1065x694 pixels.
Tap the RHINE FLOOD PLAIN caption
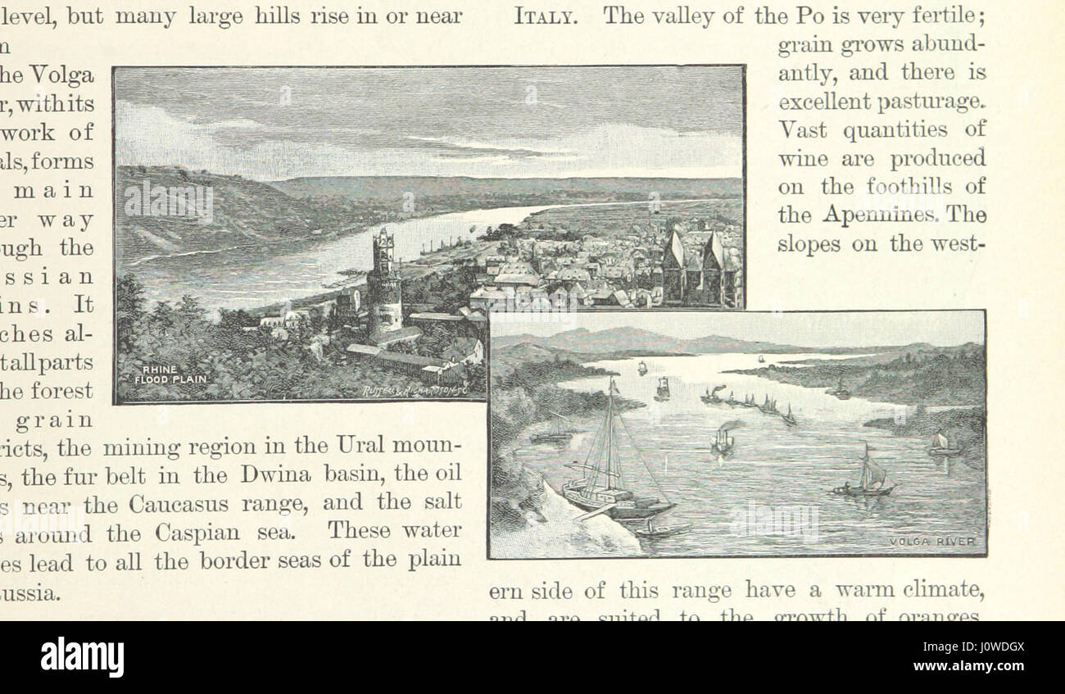pyautogui.click(x=171, y=374)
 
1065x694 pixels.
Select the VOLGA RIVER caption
pyautogui.click(x=932, y=542)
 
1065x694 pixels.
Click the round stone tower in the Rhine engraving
pyautogui.click(x=384, y=283)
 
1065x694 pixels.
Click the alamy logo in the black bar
pyautogui.click(x=83, y=657)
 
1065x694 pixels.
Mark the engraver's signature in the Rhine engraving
pyautogui.click(x=415, y=392)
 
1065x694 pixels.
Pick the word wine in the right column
pyautogui.click(x=803, y=159)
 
